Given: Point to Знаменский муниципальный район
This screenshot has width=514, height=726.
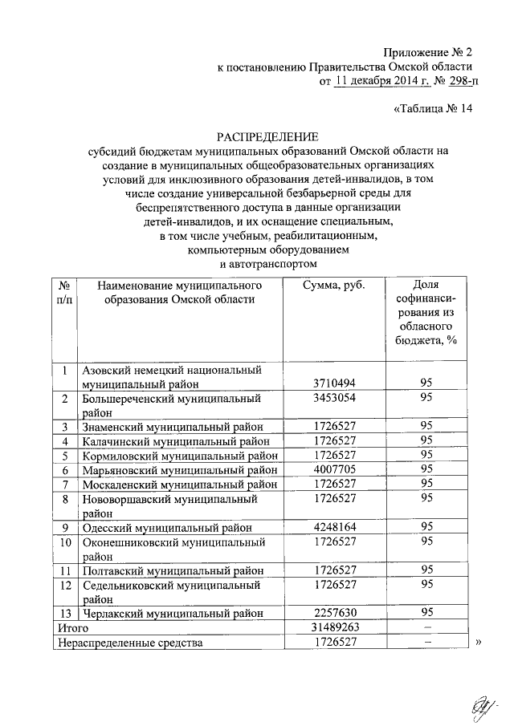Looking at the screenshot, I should (x=172, y=426).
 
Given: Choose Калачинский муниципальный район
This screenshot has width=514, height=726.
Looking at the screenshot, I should (x=172, y=440).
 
